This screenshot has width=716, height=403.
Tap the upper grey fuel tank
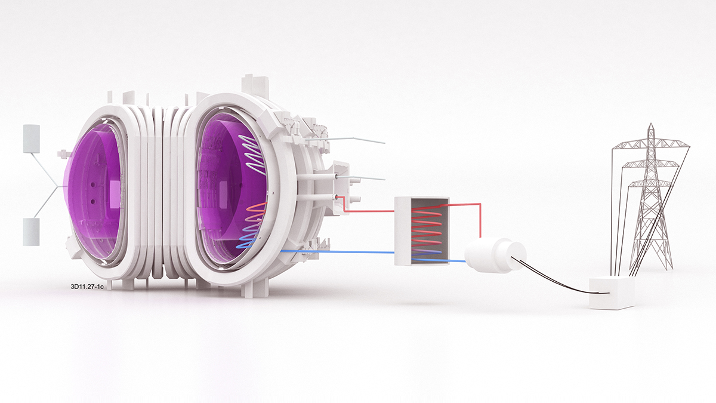[31, 139]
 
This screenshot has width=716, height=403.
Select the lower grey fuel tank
[31, 232]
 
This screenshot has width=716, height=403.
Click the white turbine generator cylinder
[495, 256]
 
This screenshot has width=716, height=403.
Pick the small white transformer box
[612, 293]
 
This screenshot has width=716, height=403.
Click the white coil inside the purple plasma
[254, 155]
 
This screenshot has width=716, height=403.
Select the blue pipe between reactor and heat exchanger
[337, 252]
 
